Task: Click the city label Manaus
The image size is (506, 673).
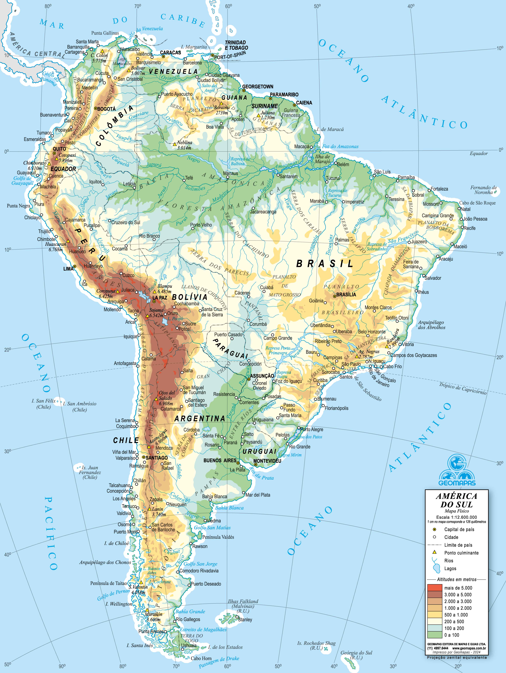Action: click(231, 173)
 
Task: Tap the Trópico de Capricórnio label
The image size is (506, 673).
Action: click(462, 389)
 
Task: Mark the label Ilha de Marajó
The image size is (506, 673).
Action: click(323, 159)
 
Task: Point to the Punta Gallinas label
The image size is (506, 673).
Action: click(105, 33)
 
